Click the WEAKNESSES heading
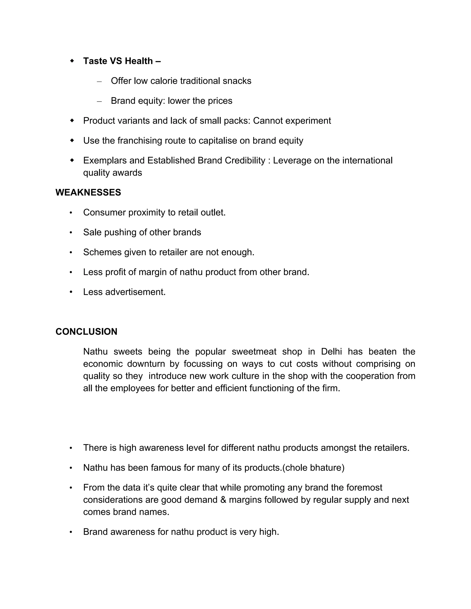[x=88, y=192]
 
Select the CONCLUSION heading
[x=86, y=332]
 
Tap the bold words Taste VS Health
[x=118, y=61]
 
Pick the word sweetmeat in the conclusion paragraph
[x=254, y=352]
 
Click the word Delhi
[x=331, y=352]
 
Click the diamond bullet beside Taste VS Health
[x=72, y=60]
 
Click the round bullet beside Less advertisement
[x=71, y=292]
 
